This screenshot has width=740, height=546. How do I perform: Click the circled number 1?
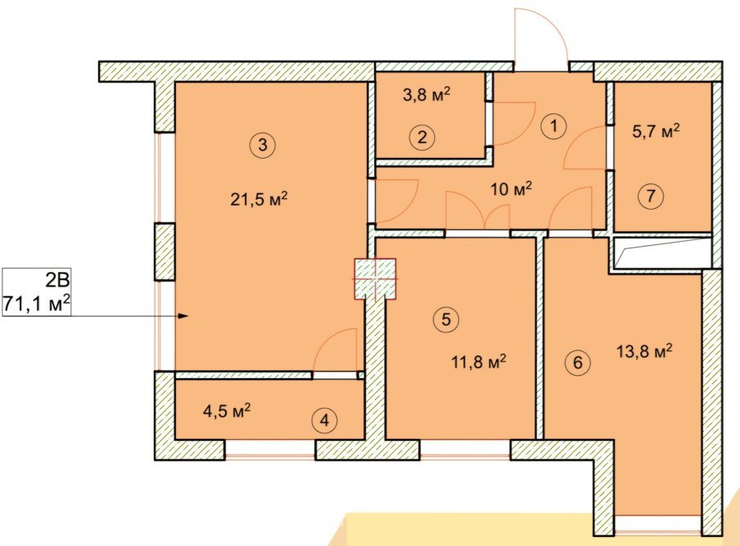[553, 126]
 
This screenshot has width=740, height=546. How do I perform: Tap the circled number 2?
[422, 137]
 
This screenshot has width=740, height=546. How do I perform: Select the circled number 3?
[263, 145]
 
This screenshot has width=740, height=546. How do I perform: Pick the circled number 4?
[324, 420]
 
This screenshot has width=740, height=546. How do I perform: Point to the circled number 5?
[446, 320]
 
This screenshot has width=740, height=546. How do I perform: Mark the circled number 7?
[651, 196]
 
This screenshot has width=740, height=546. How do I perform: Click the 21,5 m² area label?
[259, 200]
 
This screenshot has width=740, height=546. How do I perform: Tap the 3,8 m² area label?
[427, 95]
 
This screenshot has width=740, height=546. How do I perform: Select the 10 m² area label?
[511, 189]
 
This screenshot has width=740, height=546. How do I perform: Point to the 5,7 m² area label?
[656, 131]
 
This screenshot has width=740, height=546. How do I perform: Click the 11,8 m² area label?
[479, 363]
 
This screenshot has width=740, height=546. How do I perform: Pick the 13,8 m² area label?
[644, 351]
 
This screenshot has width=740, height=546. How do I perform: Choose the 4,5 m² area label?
[227, 411]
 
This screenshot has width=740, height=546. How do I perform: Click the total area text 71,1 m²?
[37, 304]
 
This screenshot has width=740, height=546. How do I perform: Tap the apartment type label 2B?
[58, 280]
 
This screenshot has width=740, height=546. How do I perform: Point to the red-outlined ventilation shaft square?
[375, 279]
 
